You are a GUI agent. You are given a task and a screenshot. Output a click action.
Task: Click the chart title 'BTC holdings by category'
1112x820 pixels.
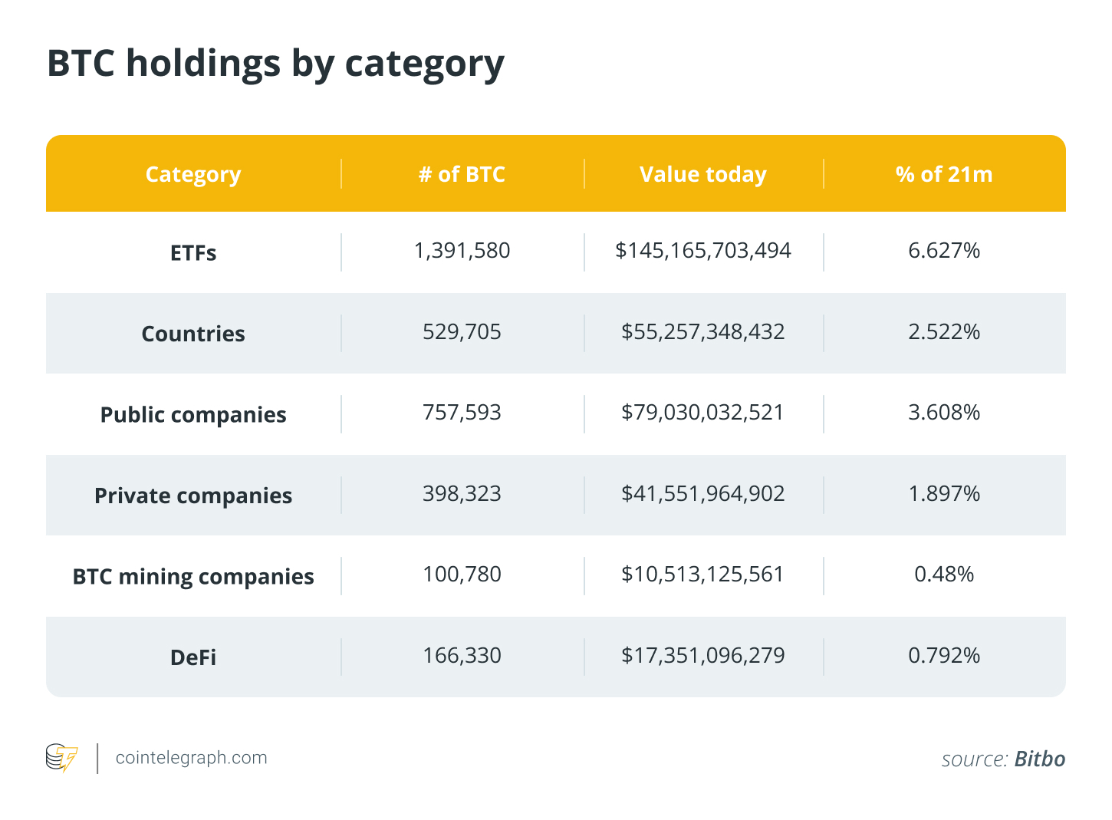pos(275,64)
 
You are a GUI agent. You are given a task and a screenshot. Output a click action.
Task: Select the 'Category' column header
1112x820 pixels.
pos(193,175)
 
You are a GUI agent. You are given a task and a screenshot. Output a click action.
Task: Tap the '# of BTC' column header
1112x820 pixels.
pos(462,175)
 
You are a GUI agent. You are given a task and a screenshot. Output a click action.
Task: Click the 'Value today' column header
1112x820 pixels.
pos(702,175)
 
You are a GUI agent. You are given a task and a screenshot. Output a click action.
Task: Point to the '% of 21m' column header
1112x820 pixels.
pos(943,175)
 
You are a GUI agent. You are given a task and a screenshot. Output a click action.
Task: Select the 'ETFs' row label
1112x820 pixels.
pos(193,253)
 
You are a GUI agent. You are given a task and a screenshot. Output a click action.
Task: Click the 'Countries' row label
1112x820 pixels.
pos(193,334)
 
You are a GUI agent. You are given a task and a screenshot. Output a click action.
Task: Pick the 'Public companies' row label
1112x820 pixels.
pos(193,415)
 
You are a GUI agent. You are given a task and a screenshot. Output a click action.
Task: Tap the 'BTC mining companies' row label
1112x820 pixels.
pos(193,577)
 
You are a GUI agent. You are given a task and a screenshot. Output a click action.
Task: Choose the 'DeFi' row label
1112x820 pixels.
pos(193,657)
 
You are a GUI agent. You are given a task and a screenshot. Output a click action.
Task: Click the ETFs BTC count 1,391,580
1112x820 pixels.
pos(462,251)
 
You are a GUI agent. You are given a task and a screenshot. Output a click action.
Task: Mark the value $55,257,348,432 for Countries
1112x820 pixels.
pos(702,332)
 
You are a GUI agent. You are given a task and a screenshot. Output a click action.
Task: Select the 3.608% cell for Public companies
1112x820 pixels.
pos(943,413)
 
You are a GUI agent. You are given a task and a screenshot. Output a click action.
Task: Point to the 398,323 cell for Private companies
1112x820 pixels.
pos(462,494)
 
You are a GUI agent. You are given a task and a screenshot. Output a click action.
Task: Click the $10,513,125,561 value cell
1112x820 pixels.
pos(702,575)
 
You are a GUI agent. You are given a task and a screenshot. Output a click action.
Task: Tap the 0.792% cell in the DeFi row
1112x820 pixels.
pos(943,656)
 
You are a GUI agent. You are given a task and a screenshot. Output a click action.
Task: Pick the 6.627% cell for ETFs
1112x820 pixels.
pos(943,251)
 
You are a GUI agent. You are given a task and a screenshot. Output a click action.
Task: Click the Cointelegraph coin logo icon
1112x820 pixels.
pos(61,758)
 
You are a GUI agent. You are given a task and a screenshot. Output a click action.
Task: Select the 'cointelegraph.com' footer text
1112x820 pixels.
pos(191,758)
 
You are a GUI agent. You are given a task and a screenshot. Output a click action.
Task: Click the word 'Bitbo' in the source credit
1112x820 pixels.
pos(1039,759)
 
